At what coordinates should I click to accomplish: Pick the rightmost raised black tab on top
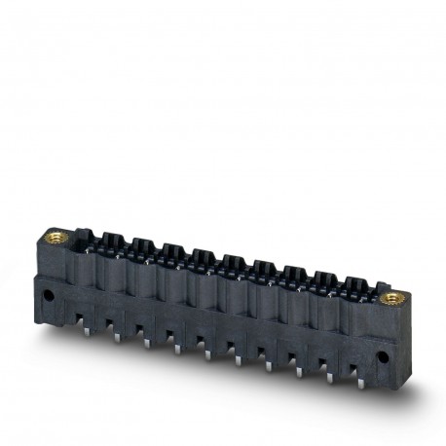click(353, 285)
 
